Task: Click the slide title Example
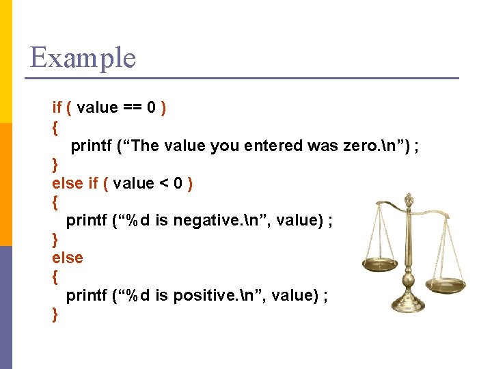(x=83, y=57)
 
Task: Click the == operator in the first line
(x=132, y=108)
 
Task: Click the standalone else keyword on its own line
(x=67, y=258)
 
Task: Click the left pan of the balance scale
(x=380, y=264)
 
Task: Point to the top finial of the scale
(x=409, y=199)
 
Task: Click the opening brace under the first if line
(x=55, y=127)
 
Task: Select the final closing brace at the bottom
(x=55, y=315)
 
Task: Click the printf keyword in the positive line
(x=86, y=296)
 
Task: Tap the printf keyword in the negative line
(x=86, y=221)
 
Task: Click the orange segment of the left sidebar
(x=6, y=184)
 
